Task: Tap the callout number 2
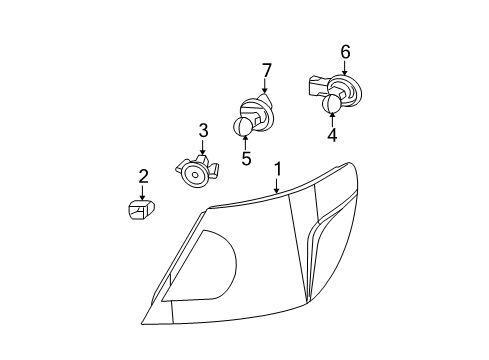(x=143, y=177)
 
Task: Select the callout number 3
(x=202, y=130)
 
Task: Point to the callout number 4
(x=333, y=133)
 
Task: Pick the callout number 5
(x=245, y=157)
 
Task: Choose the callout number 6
(x=346, y=52)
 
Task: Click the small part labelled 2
(x=139, y=210)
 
